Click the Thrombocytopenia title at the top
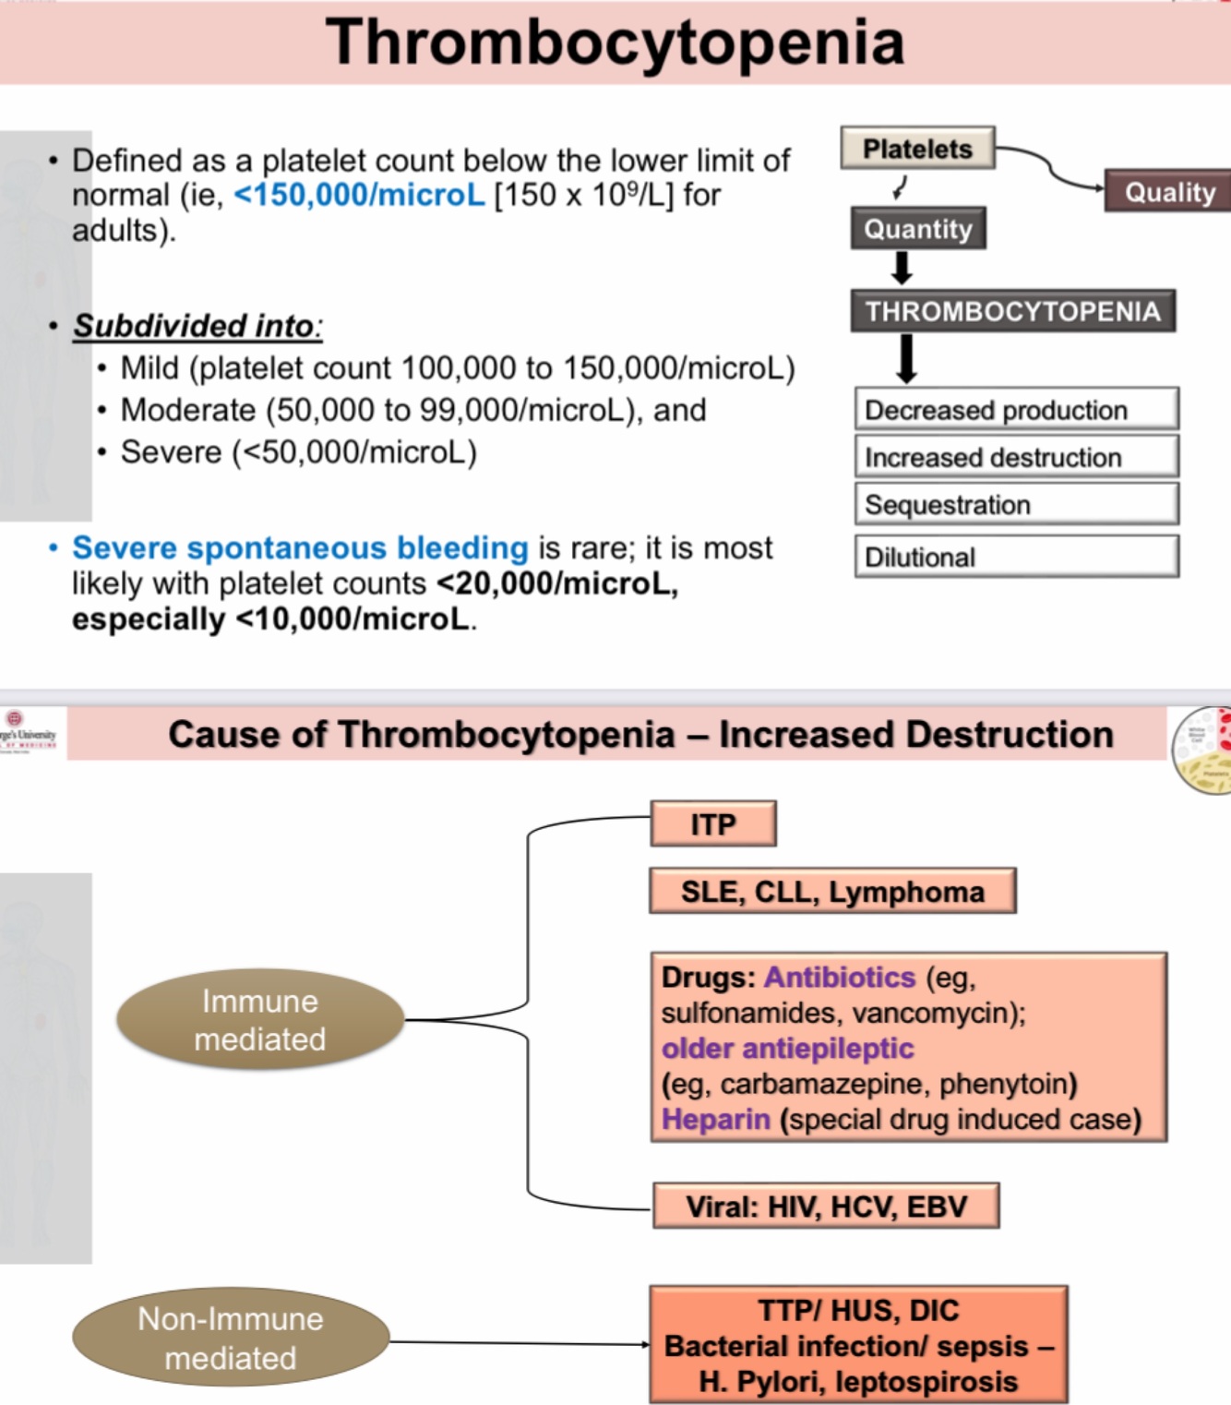(615, 42)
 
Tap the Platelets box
(917, 149)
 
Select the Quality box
(1168, 192)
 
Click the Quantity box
(918, 229)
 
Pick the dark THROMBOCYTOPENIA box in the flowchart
(1012, 311)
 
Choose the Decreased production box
(1016, 409)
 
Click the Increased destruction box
(1016, 457)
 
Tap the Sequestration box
(1016, 505)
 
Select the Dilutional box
(1016, 557)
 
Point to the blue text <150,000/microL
(359, 195)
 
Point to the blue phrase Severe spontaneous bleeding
(300, 547)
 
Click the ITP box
(713, 823)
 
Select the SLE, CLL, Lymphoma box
(832, 891)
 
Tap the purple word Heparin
(715, 1119)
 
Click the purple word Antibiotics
(839, 977)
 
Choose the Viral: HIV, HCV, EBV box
(826, 1206)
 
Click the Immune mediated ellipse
(260, 1020)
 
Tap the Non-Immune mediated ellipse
(231, 1338)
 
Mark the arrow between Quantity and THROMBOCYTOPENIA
(902, 268)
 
